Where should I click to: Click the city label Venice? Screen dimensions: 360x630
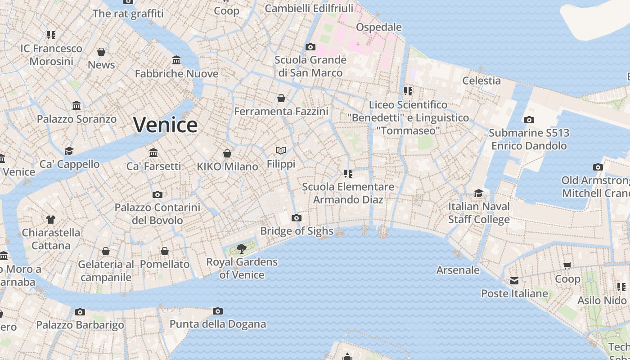(165, 125)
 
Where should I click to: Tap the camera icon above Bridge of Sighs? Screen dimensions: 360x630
(296, 218)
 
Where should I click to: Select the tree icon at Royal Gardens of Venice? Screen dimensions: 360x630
(242, 248)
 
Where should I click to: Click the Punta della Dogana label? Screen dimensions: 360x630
(217, 324)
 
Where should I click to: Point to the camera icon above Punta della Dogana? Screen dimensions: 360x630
(218, 311)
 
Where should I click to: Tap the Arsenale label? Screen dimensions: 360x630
(458, 270)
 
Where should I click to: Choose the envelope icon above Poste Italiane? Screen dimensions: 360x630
(514, 281)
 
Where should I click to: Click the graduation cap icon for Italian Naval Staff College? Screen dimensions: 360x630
(478, 193)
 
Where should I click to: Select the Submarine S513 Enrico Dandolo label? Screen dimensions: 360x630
(529, 139)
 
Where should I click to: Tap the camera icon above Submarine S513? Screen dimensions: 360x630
(529, 120)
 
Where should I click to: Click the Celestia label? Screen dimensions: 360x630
(481, 81)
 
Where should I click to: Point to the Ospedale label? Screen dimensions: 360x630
(378, 27)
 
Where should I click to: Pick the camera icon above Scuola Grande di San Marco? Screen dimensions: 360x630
(310, 47)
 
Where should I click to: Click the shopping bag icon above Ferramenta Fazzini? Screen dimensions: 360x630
(281, 98)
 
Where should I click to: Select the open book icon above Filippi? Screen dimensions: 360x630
(281, 151)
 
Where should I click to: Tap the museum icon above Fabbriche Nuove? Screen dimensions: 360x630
(176, 60)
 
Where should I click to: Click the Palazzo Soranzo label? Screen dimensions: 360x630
(76, 119)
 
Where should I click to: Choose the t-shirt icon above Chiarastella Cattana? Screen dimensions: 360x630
(51, 220)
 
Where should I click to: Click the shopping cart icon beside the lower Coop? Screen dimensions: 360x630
(567, 266)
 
